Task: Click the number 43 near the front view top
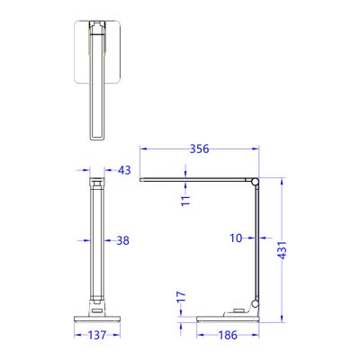tap(123, 169)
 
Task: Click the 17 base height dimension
tap(181, 295)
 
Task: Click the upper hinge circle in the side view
tap(256, 184)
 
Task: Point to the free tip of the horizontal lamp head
tap(143, 180)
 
